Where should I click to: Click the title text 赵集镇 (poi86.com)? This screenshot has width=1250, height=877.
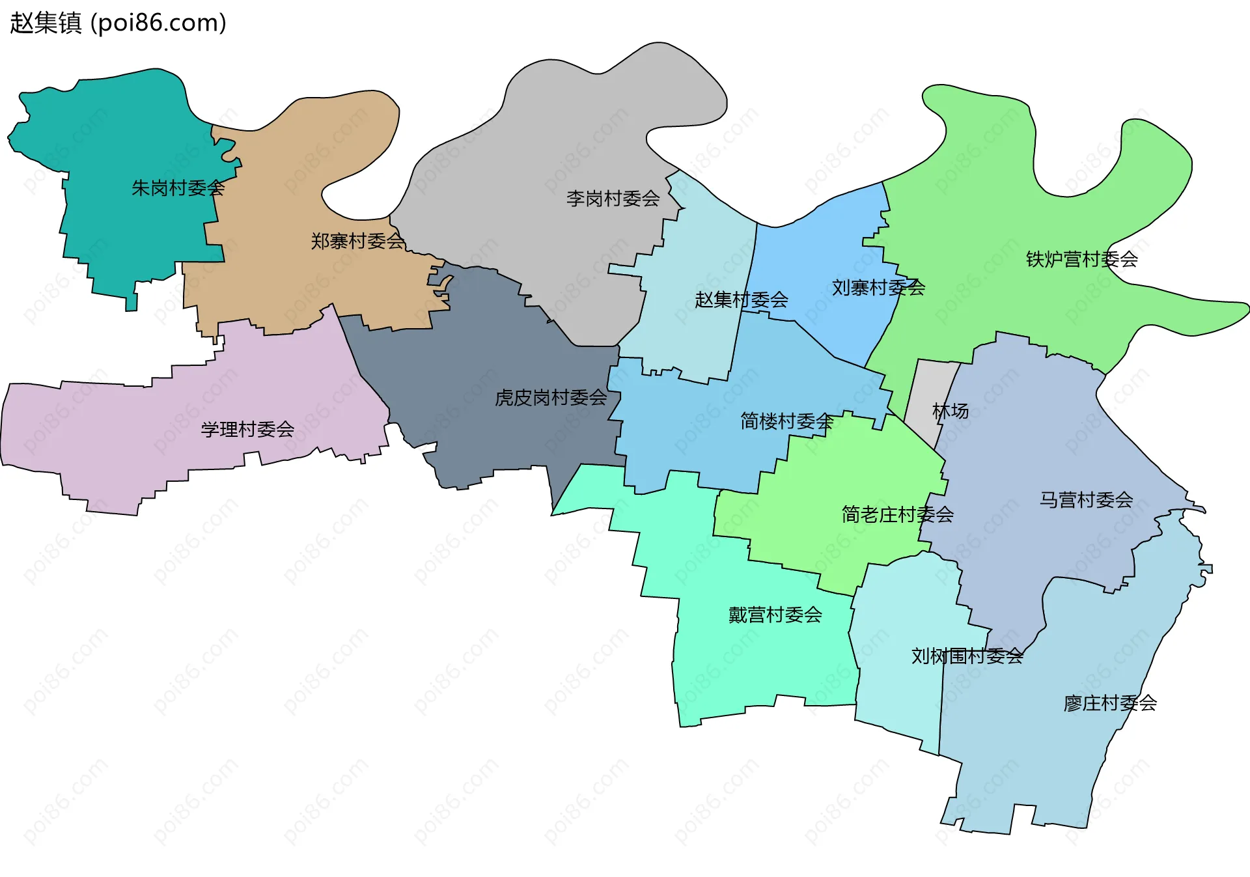[x=118, y=23]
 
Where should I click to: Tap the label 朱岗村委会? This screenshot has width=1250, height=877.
[x=178, y=188]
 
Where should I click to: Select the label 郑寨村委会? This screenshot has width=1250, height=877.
[x=357, y=242]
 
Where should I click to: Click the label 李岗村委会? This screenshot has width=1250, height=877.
[x=613, y=199]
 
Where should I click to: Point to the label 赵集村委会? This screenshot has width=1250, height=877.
[x=741, y=300]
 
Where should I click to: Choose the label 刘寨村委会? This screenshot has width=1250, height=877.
[x=878, y=288]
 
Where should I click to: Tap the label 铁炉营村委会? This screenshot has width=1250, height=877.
[x=1081, y=259]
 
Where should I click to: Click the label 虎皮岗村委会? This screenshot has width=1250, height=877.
[x=551, y=398]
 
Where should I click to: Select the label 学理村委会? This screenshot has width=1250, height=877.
[x=247, y=430]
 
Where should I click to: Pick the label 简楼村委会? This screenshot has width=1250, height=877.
[x=786, y=421]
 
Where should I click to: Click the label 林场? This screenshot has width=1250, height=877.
[x=950, y=411]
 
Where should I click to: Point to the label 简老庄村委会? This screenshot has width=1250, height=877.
[x=897, y=515]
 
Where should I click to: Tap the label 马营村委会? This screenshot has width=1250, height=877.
[x=1086, y=500]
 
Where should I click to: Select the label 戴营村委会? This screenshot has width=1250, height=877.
[x=775, y=615]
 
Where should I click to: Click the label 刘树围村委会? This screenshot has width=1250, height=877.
[x=967, y=656]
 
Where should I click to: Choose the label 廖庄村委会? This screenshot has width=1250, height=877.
[x=1109, y=703]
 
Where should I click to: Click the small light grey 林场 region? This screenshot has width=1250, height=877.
[x=928, y=391]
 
